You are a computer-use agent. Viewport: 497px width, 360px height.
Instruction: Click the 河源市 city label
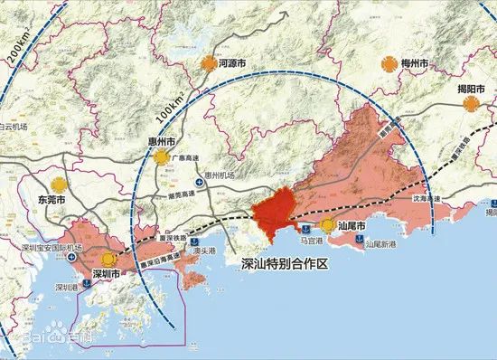point(236,64)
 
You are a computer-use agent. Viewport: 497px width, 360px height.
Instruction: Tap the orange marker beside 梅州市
point(387,63)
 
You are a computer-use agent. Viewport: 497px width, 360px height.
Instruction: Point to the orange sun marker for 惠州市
point(163,157)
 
